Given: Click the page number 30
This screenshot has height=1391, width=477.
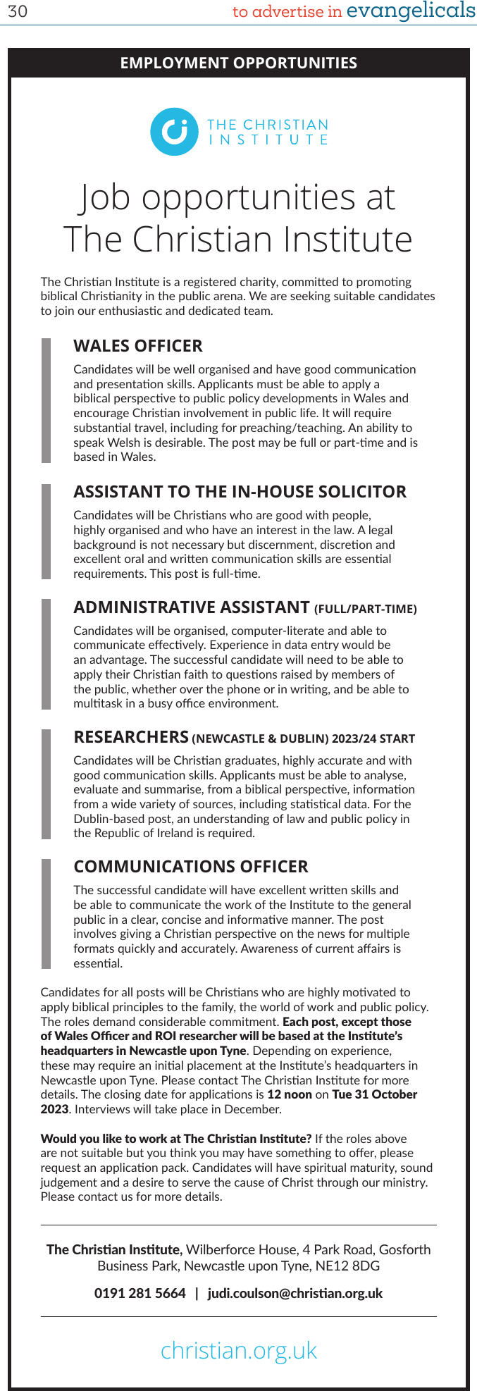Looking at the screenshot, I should [17, 12].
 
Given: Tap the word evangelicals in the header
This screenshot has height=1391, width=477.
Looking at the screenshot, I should [411, 11].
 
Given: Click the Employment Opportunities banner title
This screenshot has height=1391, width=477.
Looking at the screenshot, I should [238, 63].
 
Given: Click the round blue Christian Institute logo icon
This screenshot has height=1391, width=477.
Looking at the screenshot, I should [174, 132].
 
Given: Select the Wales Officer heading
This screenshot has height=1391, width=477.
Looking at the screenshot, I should [138, 346].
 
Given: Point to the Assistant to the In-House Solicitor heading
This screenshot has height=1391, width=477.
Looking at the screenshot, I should [240, 492].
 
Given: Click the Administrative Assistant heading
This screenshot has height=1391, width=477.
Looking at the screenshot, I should [192, 607].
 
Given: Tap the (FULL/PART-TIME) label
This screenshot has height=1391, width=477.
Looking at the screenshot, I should [366, 610].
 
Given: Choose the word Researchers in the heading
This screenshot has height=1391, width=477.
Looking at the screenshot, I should [131, 737].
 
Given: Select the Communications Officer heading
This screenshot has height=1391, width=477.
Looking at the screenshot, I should [191, 867].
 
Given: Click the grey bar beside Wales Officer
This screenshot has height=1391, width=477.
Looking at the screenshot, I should [47, 400].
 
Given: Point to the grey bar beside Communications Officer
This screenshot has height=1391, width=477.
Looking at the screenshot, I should [47, 913].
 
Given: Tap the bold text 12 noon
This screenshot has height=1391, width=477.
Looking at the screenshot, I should [290, 1094].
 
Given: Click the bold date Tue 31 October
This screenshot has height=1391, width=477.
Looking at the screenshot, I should [375, 1094].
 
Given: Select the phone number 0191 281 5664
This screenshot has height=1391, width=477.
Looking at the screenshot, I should [140, 1293].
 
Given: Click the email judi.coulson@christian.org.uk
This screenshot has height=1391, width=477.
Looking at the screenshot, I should [295, 1293].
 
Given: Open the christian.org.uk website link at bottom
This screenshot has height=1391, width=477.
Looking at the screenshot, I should [239, 1350].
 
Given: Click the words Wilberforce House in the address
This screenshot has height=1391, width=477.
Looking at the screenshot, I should [240, 1249].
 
